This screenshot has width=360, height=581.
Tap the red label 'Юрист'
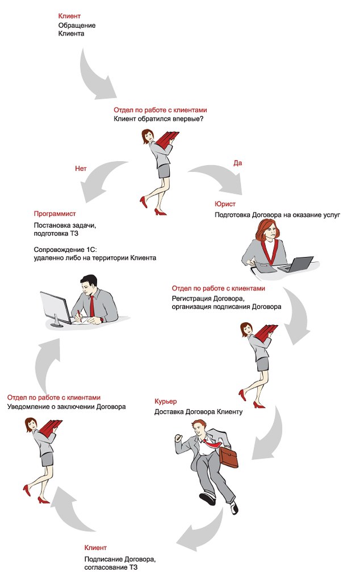225,204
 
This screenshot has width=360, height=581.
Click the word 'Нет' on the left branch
81,169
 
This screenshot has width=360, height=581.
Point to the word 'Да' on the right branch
238,163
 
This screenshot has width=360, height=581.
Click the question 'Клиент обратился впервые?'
158,119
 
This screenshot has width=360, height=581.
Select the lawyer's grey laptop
298,264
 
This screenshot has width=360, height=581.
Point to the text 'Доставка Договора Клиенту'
198,411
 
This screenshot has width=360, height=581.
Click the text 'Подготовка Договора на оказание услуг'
277,215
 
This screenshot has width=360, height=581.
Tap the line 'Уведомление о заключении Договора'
66,407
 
